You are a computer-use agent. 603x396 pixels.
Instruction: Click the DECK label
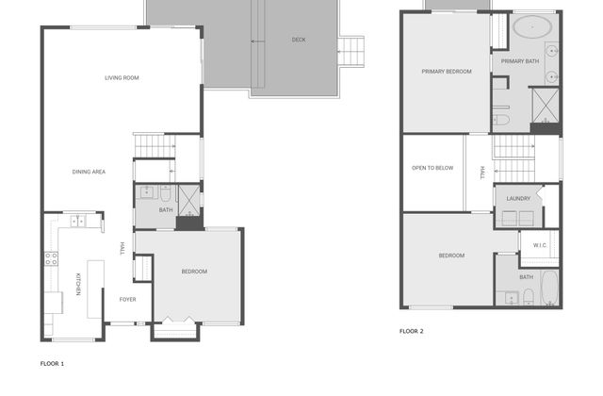point(299,40)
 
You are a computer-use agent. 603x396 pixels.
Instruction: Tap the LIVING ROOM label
point(122,77)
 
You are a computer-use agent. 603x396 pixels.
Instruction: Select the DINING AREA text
point(89,172)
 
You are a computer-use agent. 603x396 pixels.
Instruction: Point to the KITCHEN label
point(78,285)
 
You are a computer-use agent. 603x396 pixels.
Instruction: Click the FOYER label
point(128,300)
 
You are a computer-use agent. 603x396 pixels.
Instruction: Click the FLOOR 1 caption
point(53,364)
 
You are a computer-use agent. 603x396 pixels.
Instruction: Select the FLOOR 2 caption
point(412,331)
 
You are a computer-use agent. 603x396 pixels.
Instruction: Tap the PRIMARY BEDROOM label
point(447,72)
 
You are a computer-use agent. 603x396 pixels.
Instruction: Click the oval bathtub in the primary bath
point(532,27)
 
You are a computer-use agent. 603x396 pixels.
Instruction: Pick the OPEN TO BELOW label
point(432,168)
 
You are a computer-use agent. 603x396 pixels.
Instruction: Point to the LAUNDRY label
point(518,199)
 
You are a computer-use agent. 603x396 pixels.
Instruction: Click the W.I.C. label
point(540,245)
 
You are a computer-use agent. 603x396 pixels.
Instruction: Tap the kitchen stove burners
point(51,258)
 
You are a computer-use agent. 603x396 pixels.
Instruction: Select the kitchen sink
point(77,222)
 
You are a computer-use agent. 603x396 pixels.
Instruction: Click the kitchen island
point(95,289)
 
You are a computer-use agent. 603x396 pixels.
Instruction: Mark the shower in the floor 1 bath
point(189,201)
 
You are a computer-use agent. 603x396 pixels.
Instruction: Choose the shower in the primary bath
point(546,106)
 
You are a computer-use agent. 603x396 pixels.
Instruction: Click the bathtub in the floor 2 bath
point(549,288)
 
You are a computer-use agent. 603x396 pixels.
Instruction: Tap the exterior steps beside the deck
point(350,52)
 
